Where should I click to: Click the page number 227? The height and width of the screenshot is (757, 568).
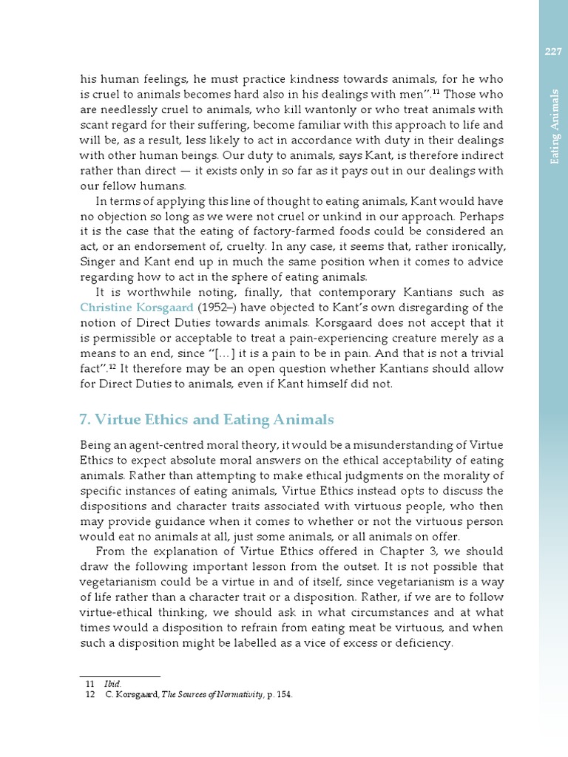click(553, 51)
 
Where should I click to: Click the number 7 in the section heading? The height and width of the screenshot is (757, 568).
click(84, 421)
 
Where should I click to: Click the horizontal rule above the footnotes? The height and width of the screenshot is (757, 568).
click(119, 676)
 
